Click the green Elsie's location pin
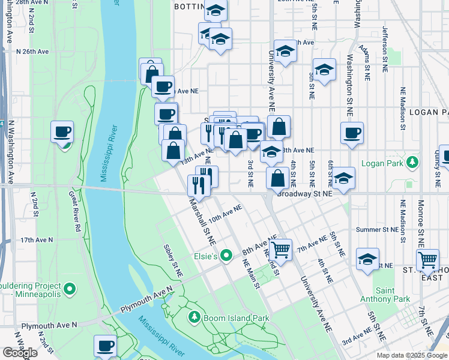[226, 256]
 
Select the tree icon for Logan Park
[412, 163]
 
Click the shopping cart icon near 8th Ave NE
[280, 248]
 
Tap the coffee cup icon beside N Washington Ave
[62, 131]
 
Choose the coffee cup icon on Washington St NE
[352, 133]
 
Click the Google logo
[20, 353]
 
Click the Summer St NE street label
[377, 230]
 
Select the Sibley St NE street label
[172, 260]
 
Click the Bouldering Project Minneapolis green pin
[70, 289]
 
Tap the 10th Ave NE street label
[225, 213]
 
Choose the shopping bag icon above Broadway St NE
[278, 178]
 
